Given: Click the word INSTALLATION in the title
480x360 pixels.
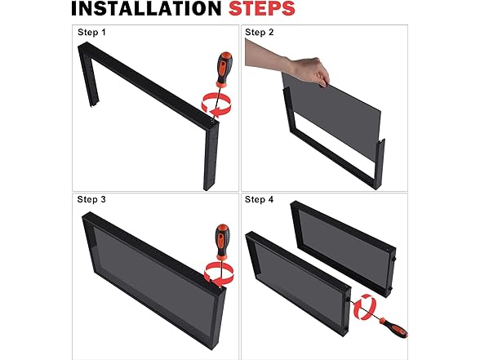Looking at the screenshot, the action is pyautogui.click(x=146, y=8).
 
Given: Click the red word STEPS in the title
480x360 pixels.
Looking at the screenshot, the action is pyautogui.click(x=262, y=8).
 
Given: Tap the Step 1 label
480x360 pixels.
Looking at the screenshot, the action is pyautogui.click(x=91, y=32).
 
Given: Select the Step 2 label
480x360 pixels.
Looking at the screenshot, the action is pyautogui.click(x=260, y=32).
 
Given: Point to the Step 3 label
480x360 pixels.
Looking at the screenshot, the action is pyautogui.click(x=91, y=199).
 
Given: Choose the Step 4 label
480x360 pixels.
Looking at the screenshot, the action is pyautogui.click(x=259, y=199).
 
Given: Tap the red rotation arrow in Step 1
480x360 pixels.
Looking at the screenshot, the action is pyautogui.click(x=216, y=105).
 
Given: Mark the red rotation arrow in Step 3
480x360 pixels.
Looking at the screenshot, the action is pyautogui.click(x=219, y=273).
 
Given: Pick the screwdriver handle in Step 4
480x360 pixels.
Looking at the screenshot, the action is pyautogui.click(x=394, y=328).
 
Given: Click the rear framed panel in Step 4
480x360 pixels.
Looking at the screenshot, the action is pyautogui.click(x=343, y=248).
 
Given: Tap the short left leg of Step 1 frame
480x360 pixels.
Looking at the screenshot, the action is pyautogui.click(x=88, y=77).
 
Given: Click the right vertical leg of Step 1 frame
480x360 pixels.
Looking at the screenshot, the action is pyautogui.click(x=211, y=155).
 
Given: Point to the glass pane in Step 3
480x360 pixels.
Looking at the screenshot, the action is pyautogui.click(x=153, y=277).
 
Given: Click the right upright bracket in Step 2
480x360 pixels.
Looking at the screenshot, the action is pyautogui.click(x=380, y=164).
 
